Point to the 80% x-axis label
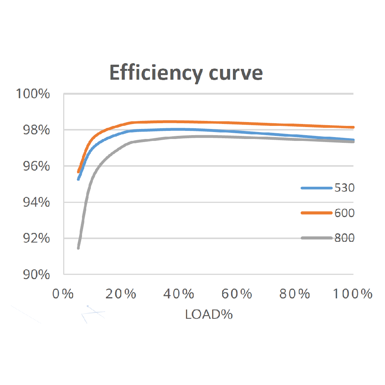pos(296,294)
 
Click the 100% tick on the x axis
pos(352,294)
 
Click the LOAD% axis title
pos(209,314)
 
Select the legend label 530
pos(344,188)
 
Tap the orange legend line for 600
pos(316,213)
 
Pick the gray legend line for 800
pos(316,238)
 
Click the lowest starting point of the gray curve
pos(78,248)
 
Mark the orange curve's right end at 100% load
pos(353,127)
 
